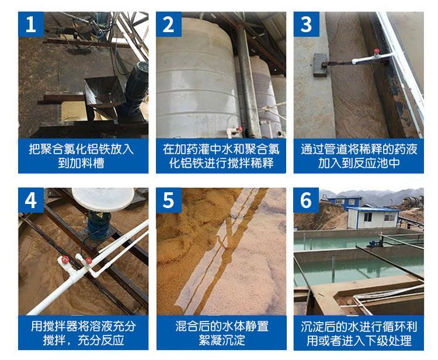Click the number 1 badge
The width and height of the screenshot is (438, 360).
point(31,25)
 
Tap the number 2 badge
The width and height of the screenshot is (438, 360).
point(169,25)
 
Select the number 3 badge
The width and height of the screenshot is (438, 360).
point(306,25)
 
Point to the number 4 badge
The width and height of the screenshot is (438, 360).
point(31,200)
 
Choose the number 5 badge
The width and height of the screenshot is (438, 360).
point(169,200)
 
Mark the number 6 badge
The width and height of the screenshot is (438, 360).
point(306,200)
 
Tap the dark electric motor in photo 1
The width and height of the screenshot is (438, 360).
point(136,84)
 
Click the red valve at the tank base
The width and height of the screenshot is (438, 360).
point(239,129)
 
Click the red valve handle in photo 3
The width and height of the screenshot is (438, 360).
point(377,51)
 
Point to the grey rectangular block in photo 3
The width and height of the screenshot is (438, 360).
point(320,65)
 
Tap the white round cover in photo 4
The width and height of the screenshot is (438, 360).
point(103,199)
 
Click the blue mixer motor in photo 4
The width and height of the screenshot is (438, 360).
point(99,226)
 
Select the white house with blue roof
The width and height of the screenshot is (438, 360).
point(373,217)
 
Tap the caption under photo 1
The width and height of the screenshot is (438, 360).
point(81,156)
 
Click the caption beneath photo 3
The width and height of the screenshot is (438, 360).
point(359,156)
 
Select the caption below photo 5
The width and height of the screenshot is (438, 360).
point(222,333)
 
